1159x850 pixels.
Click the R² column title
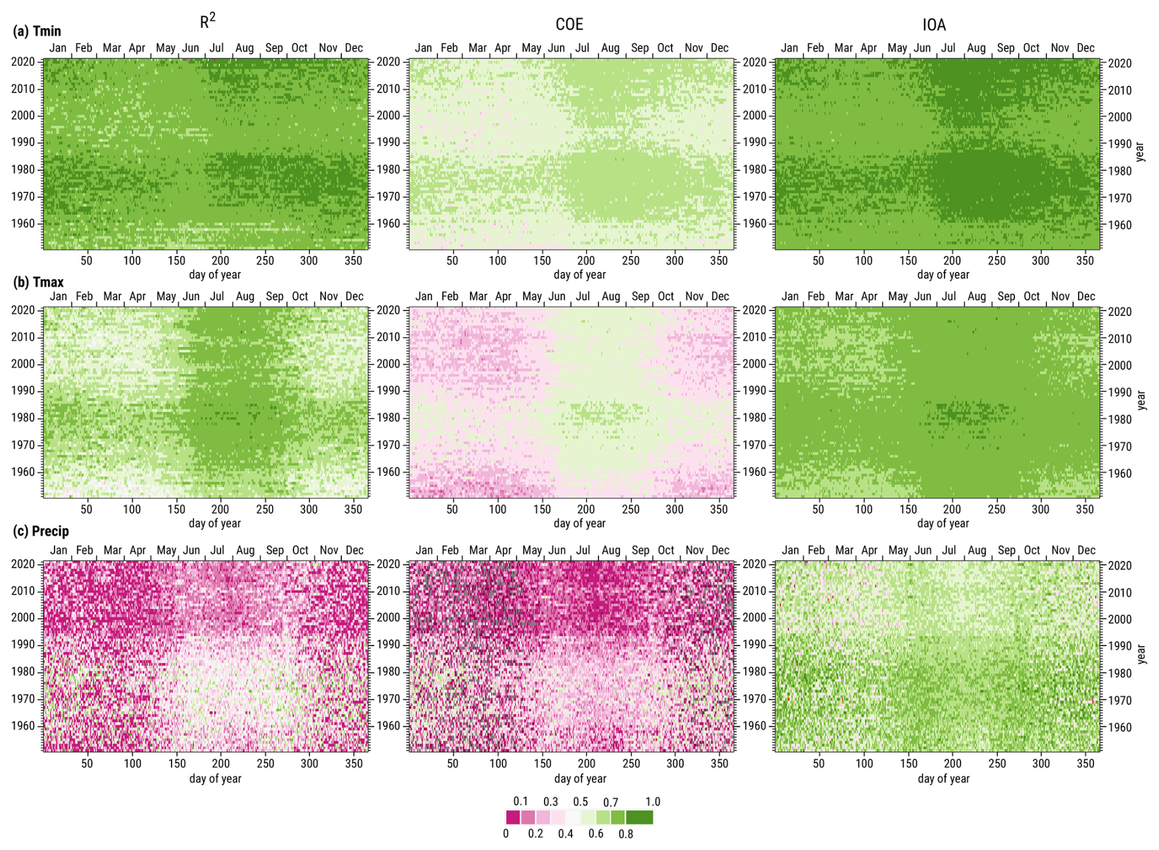[208, 22]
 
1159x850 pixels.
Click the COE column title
[569, 24]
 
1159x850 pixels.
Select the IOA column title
[934, 24]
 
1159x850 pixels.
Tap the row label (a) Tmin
[37, 31]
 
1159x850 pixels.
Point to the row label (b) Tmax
[38, 282]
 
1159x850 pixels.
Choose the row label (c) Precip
[40, 531]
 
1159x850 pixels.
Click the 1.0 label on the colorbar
[652, 802]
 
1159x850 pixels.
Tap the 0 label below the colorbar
[506, 834]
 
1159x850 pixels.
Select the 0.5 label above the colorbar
[580, 802]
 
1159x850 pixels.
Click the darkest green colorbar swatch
[640, 818]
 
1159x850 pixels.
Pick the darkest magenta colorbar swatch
[513, 818]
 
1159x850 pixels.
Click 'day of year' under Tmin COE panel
[579, 275]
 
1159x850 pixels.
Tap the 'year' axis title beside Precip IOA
[1140, 654]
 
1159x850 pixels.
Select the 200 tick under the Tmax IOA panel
[952, 510]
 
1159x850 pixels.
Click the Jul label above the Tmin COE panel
[582, 48]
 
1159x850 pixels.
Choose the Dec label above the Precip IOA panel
[1086, 551]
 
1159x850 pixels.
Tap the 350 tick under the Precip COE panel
[719, 764]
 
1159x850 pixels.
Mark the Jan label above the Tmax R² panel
[58, 296]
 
